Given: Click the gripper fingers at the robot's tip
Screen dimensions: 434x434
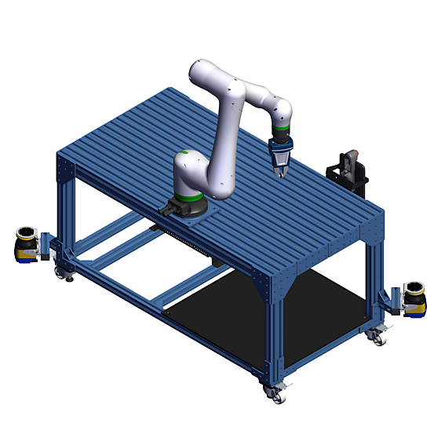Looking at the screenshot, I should pos(281,166).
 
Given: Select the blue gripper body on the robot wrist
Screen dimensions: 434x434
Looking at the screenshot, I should pos(280,147).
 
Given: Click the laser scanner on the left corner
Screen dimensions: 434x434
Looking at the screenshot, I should pos(27,244).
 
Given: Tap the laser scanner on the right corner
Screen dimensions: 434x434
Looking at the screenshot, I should pos(414,297).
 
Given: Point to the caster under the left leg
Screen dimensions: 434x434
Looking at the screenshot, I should pos(61,272).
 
